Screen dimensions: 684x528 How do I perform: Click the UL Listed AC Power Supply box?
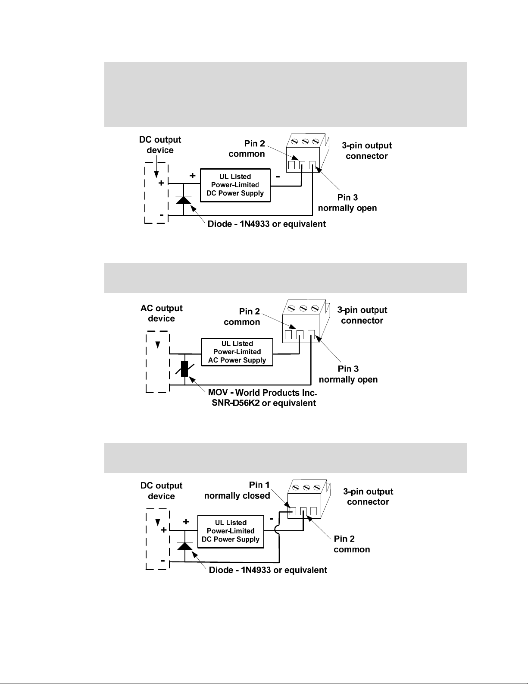pos(237,352)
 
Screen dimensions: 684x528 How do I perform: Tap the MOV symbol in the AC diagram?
pos(184,368)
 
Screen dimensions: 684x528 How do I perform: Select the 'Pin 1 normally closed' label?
pos(237,490)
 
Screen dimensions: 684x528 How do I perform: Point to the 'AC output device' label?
pos(161,313)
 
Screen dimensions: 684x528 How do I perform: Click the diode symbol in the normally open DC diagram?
pos(184,200)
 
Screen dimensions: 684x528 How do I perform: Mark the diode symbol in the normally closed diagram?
pos(185,546)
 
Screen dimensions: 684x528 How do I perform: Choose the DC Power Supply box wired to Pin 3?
pos(235,185)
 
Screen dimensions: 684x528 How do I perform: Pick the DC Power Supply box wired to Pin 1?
pos(231,531)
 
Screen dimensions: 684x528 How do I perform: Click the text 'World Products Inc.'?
pos(276,393)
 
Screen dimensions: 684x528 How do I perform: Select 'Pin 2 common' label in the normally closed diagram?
pos(352,544)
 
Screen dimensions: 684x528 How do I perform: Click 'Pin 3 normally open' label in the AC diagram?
pos(348,374)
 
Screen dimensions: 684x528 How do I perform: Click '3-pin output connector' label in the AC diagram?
pos(362,315)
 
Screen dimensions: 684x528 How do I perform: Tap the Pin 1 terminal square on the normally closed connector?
pos(293,511)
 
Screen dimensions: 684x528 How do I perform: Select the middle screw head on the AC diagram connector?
pos(303,308)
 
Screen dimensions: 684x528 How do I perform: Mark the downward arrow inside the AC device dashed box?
pos(158,339)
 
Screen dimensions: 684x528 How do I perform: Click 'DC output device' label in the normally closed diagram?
pos(161,491)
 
